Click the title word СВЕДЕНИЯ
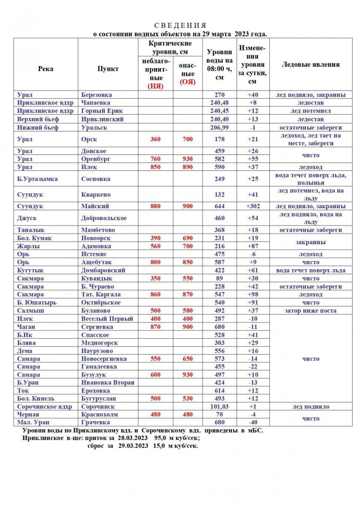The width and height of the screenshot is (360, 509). pos(180,25)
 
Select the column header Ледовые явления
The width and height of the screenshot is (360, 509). pos(311,65)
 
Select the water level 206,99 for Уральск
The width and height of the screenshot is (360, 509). pos(220,128)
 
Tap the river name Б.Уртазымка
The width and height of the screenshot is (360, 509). pos(37,179)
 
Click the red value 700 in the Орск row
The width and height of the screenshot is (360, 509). pos(188,139)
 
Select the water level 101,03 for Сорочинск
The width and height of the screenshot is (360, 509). pos(220,407)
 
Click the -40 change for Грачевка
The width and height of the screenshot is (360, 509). pos(253,422)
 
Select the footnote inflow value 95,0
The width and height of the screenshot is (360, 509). pos(164,438)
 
